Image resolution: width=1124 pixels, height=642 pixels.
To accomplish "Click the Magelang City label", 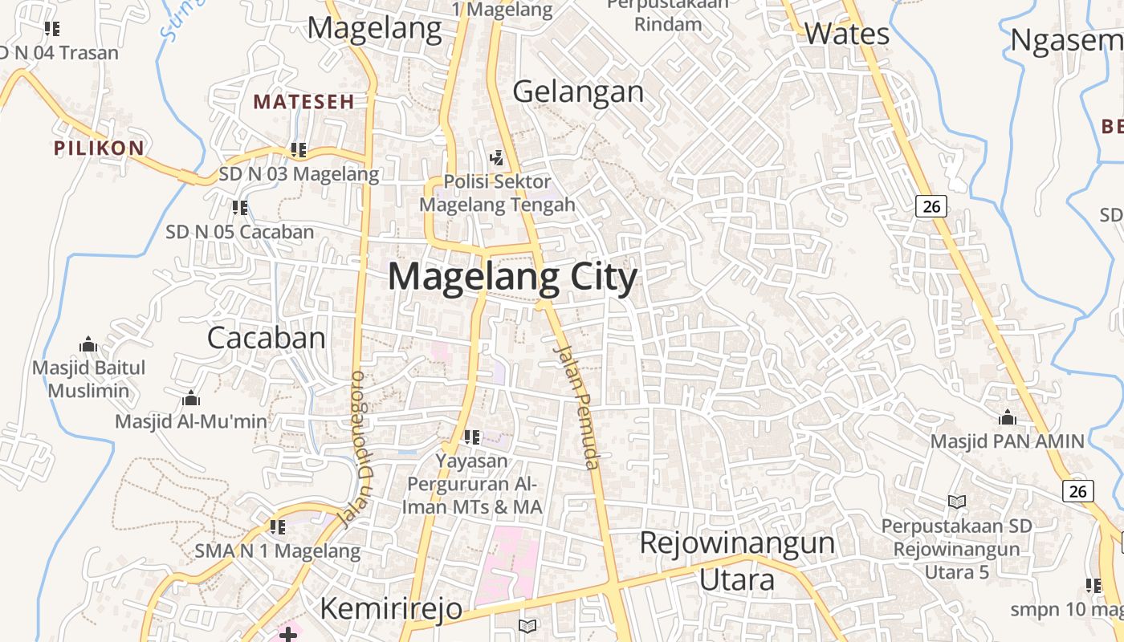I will coord(512,278).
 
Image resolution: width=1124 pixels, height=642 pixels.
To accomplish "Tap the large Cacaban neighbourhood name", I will coord(267,338).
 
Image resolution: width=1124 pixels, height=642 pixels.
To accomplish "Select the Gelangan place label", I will coord(578,92).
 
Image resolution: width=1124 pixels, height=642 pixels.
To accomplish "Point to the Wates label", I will coord(846,34).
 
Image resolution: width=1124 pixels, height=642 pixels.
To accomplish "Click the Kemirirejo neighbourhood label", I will coord(391,608).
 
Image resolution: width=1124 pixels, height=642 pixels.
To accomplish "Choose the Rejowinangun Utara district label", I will coord(737,560).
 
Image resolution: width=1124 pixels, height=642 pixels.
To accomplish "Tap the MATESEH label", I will coord(303,102).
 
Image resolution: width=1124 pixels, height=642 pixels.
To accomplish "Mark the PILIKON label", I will coord(99,148).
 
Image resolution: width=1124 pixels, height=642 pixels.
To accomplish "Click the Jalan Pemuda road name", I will coord(578,407).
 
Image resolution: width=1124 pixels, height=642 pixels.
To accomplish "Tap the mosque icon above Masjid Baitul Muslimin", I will coord(88,345).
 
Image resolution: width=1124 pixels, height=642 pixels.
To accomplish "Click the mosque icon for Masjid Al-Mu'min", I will coord(191,398).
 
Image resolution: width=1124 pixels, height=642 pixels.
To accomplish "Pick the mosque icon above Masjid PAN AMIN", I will coord(1007,417).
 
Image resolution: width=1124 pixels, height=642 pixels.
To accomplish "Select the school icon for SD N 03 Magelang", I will coord(299,149).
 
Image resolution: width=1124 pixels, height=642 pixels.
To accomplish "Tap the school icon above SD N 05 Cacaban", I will coord(239,208).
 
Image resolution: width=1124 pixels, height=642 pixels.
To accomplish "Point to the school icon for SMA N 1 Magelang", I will coord(277,527).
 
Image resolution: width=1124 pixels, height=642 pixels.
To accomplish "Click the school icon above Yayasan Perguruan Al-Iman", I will coord(472,437).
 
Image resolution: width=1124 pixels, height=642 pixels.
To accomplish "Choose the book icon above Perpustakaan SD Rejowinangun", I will coord(956,502).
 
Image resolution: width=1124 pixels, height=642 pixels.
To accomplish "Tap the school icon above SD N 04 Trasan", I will coord(52,29).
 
